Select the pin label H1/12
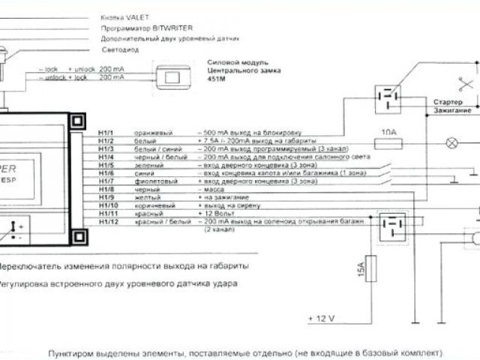pyautogui.click(x=107, y=223)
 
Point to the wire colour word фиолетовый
pyautogui.click(x=152, y=181)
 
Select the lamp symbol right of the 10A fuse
pyautogui.click(x=452, y=141)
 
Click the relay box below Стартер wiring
pyautogui.click(x=388, y=97)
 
